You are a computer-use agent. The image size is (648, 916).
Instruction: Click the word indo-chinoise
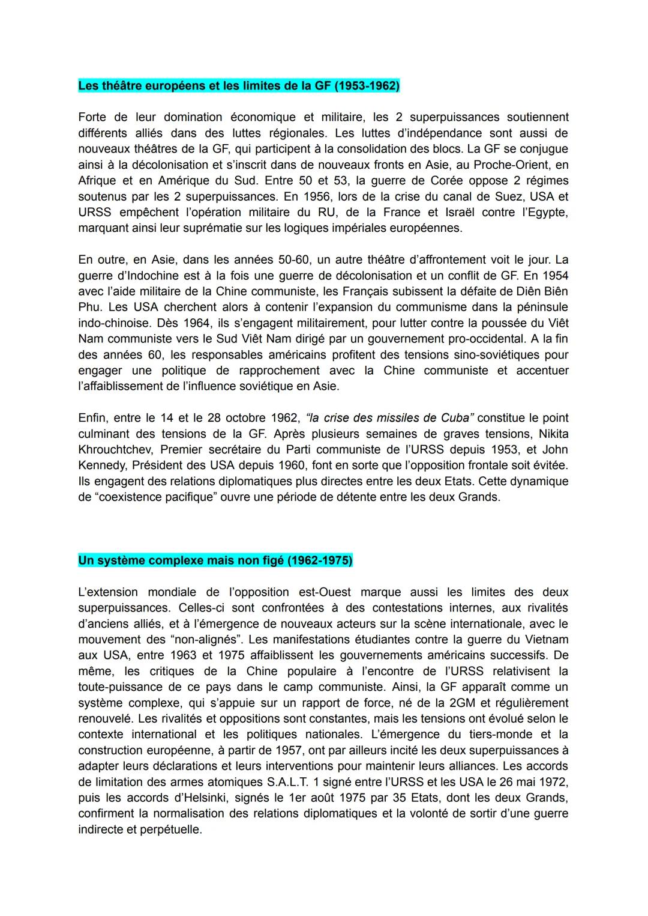pyautogui.click(x=113, y=323)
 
